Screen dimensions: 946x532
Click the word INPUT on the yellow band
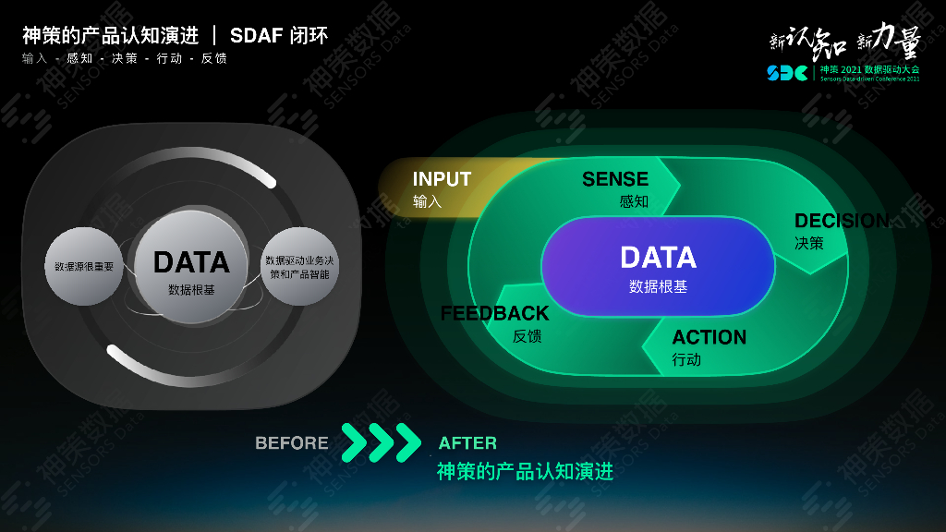(442, 179)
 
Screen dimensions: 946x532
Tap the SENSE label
(615, 179)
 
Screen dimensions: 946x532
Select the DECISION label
(841, 221)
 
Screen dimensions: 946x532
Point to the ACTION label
(709, 337)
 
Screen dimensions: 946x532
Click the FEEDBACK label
(494, 313)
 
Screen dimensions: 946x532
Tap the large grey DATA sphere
(191, 268)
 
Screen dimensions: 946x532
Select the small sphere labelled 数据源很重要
(84, 267)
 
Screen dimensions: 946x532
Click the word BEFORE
(292, 443)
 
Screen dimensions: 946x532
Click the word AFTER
(467, 443)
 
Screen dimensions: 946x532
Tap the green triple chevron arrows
(381, 442)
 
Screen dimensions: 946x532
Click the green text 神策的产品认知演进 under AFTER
(525, 472)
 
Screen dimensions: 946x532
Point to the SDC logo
(786, 72)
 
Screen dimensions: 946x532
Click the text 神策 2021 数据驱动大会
(869, 69)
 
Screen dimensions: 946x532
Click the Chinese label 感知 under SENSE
(634, 201)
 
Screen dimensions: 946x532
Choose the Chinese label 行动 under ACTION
(686, 359)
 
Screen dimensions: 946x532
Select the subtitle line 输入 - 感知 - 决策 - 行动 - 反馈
(125, 58)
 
